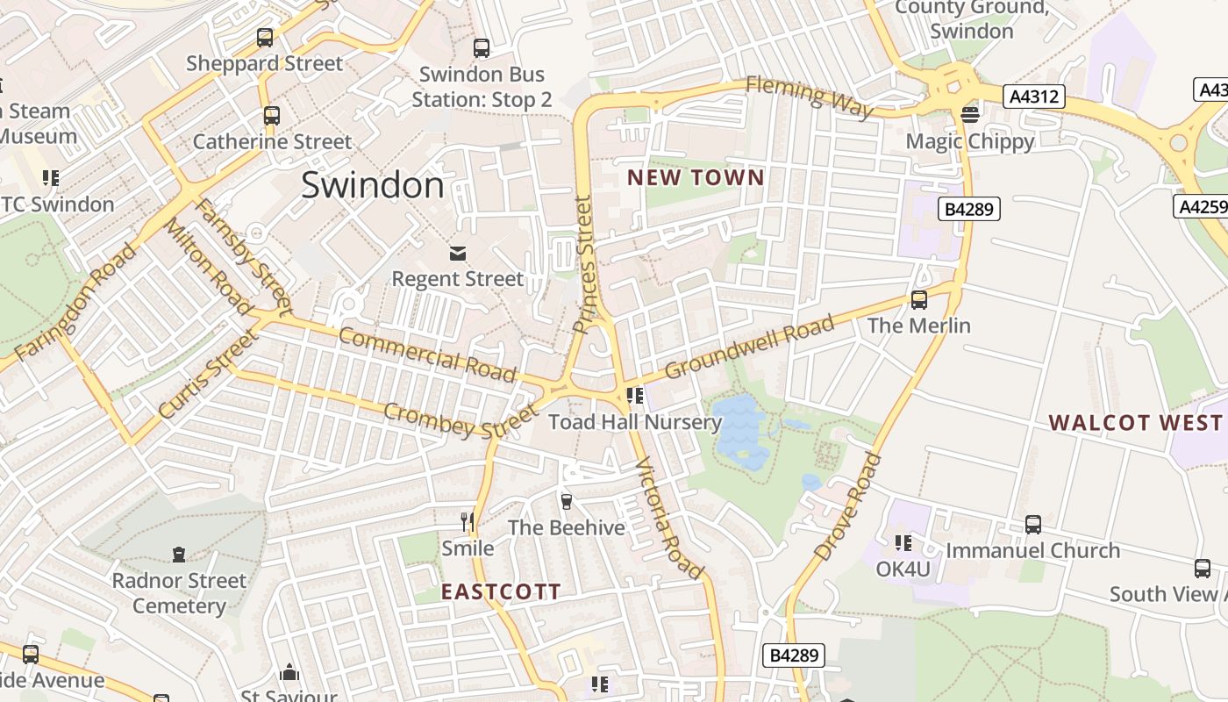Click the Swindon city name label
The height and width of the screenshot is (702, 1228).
point(373,185)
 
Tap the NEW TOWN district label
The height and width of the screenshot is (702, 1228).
point(696,178)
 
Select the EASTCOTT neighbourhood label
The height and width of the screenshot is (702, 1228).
point(500,591)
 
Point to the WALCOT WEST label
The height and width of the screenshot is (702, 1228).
point(1135,423)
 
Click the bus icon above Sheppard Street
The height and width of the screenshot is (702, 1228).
point(265,38)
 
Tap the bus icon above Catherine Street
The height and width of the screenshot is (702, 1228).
point(272,115)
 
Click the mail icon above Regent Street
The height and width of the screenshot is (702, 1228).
point(457,254)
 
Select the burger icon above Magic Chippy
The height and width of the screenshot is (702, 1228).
point(970,114)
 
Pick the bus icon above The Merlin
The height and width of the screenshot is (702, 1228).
point(919,300)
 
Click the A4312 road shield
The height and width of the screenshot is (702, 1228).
point(1035,96)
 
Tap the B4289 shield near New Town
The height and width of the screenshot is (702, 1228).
point(969,209)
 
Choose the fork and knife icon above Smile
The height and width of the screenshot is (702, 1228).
point(468,522)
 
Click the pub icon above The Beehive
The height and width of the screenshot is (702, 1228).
point(567,502)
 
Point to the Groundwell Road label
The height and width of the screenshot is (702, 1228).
point(750,347)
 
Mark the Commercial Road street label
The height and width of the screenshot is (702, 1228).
point(427,354)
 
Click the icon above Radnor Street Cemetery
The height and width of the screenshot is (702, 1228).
point(179,555)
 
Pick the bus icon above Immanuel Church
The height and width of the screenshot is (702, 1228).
point(1033,525)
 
